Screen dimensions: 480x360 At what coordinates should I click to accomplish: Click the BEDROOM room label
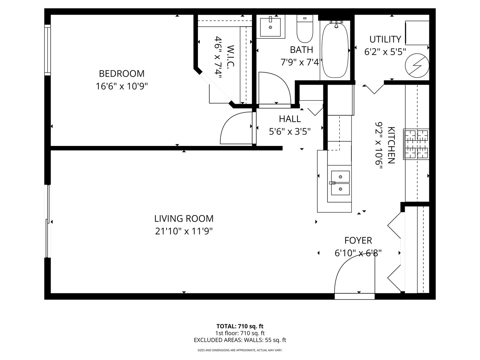122,74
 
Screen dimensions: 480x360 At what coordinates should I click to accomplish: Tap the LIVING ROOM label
184,219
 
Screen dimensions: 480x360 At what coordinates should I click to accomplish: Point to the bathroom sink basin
270,27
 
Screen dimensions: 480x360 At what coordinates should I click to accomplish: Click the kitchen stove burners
416,144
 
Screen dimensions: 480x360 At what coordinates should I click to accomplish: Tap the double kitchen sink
340,183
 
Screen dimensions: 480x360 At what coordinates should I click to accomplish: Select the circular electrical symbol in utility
417,65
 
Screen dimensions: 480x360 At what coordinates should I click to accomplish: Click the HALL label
290,119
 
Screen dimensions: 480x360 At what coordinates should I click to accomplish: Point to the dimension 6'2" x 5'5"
385,52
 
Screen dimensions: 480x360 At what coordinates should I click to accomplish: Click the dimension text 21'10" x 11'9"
184,231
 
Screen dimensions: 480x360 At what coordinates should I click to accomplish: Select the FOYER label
358,240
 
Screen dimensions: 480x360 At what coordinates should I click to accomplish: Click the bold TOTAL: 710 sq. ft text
240,326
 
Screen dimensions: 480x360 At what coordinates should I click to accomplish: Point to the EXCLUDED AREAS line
240,340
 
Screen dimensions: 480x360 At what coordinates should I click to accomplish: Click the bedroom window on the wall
47,50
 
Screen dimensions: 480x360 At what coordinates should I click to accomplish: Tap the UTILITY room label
385,39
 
